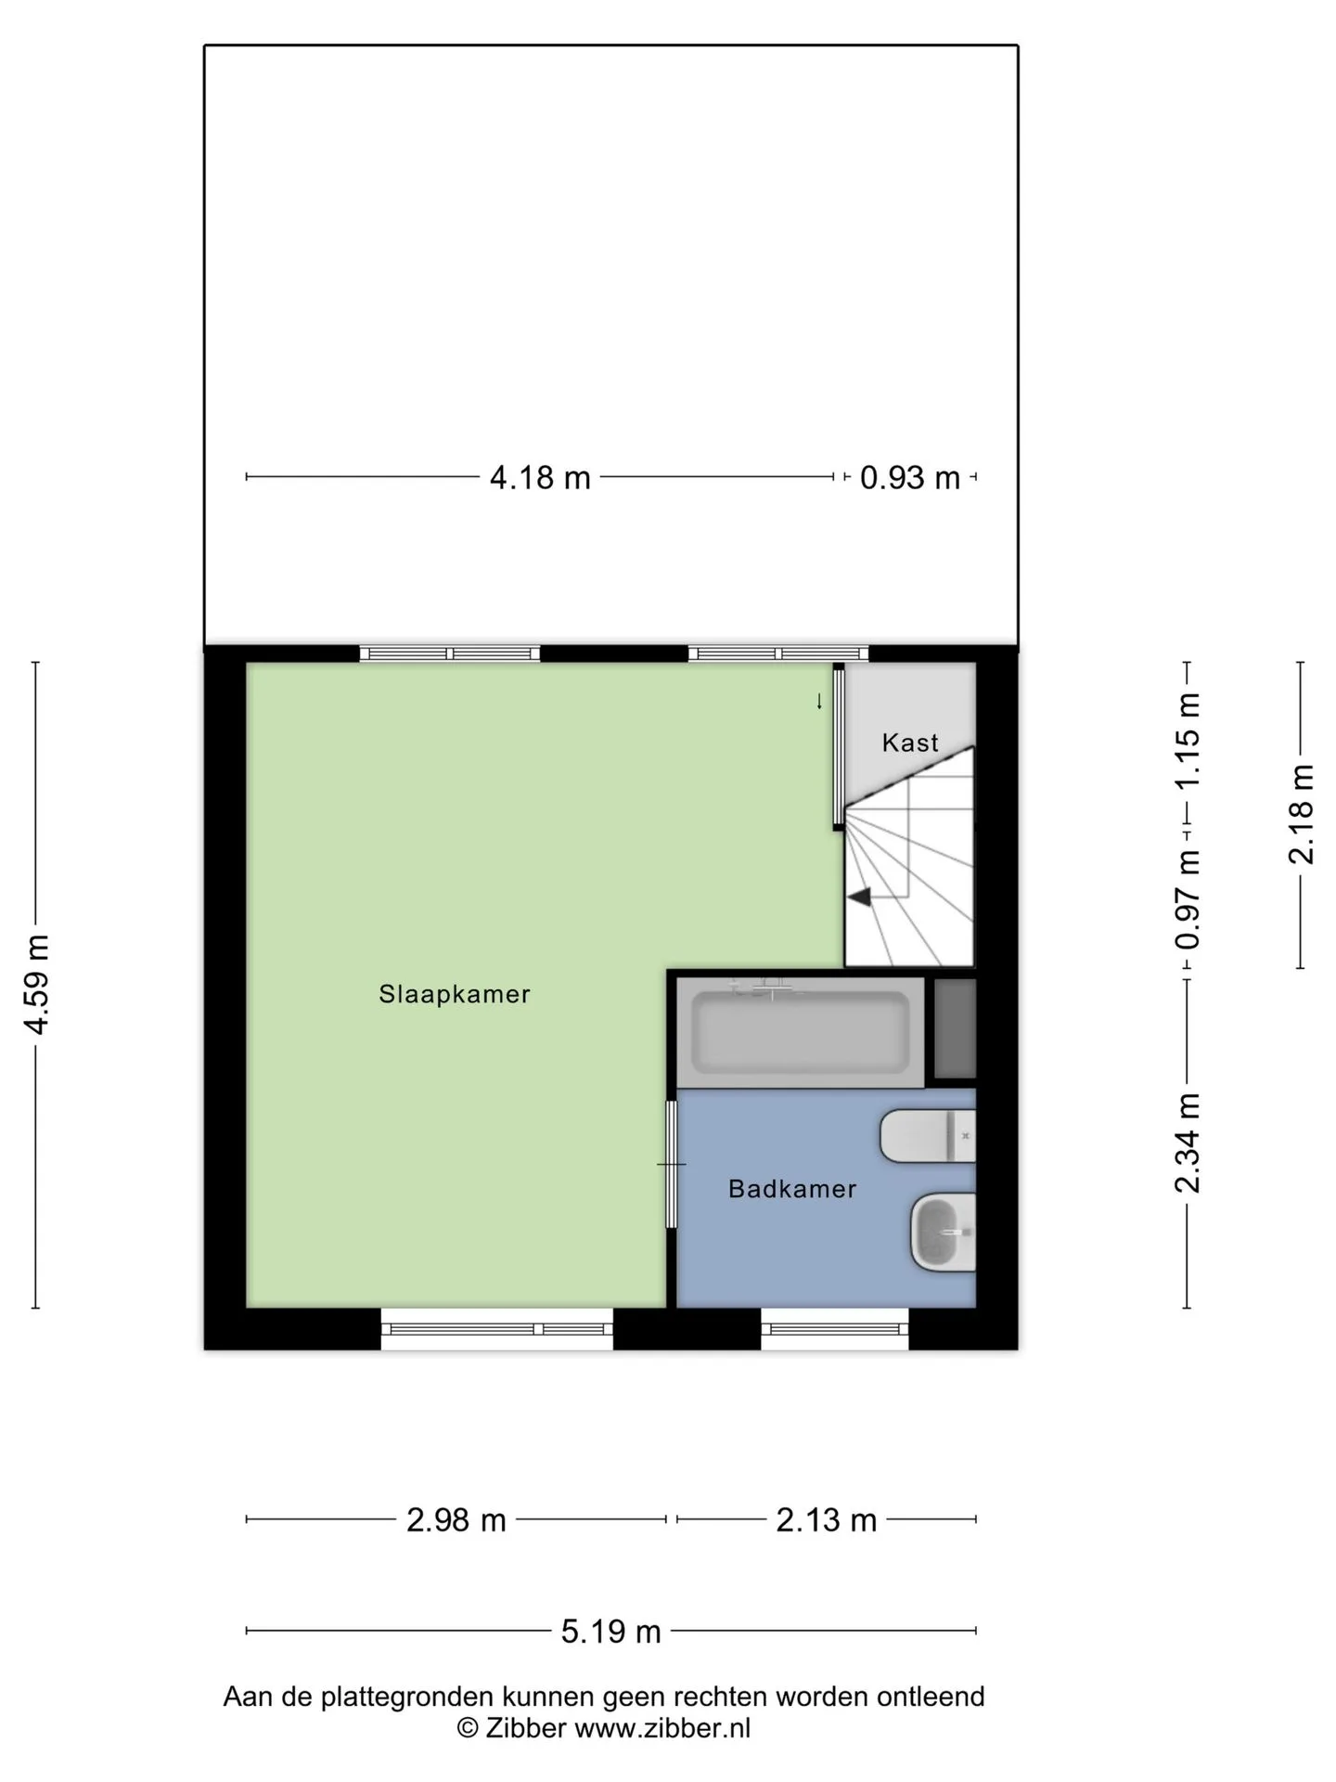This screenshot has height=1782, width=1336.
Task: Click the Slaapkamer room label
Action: point(455,994)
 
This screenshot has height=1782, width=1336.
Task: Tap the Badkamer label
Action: point(792,1189)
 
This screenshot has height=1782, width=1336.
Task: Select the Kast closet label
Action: point(910,742)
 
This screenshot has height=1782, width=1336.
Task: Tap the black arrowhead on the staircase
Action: point(859,897)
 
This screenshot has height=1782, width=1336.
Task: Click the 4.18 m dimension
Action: point(540,477)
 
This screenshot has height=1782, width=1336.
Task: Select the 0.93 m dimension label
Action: point(910,477)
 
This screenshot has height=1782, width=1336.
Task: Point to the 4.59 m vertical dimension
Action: point(36,984)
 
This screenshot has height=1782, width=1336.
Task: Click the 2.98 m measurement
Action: point(456,1519)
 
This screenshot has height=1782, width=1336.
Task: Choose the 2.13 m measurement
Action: point(827,1519)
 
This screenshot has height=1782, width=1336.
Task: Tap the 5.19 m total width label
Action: point(611,1631)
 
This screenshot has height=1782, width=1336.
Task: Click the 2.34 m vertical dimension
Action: point(1188,1143)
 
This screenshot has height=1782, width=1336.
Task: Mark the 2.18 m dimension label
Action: point(1302,814)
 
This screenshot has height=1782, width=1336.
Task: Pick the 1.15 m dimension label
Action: point(1188,741)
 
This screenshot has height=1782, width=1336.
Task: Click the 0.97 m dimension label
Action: point(1188,900)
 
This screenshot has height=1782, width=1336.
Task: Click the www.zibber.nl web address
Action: point(662,1727)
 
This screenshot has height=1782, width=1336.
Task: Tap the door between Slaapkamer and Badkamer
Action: point(672,1164)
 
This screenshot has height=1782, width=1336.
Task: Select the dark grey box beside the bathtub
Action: point(956,1028)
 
